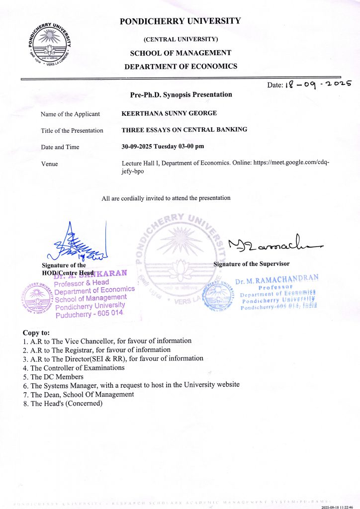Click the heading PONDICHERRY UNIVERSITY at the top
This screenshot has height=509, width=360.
point(180,21)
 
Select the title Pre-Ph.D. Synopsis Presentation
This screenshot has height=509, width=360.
point(180,94)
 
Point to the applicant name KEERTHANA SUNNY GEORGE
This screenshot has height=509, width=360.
point(169,113)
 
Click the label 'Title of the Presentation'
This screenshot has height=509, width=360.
point(72,131)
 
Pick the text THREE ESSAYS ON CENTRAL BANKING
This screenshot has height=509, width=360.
point(184,130)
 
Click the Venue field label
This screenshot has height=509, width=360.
point(49,164)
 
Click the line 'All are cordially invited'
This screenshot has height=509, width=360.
point(166,198)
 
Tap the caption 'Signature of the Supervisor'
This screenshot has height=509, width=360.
point(252,264)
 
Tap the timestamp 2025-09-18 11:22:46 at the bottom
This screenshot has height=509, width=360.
point(340,506)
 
